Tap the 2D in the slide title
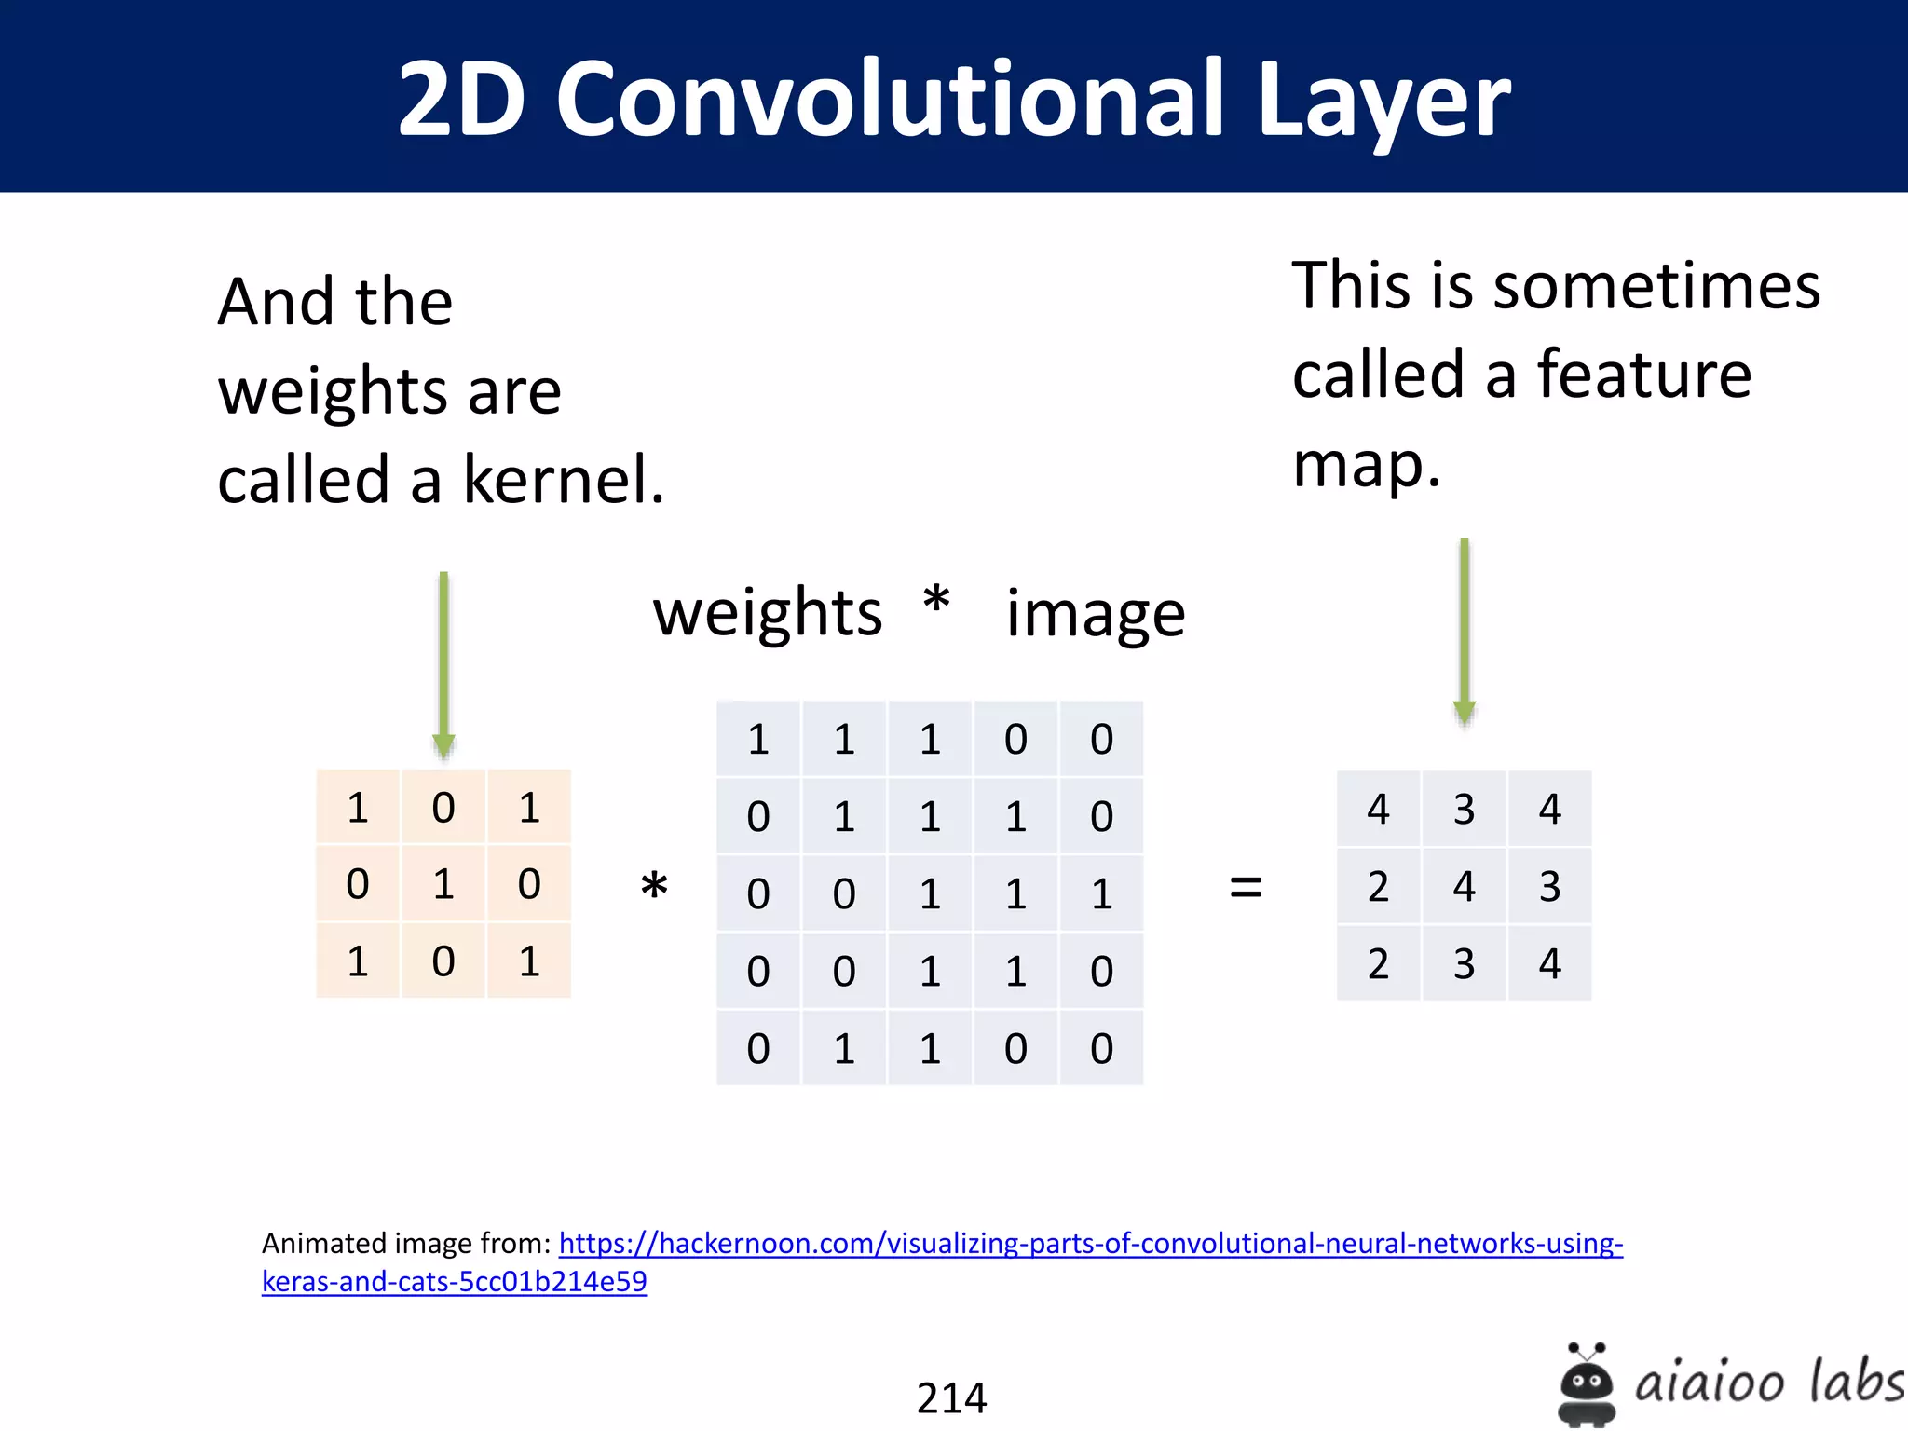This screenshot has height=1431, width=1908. point(462,99)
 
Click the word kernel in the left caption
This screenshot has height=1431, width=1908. point(563,481)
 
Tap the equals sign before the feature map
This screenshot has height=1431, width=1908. point(1246,887)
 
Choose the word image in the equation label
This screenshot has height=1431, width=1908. point(1096,615)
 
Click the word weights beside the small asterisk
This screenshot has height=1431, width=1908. point(767,615)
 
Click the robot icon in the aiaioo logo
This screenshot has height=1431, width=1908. point(1586,1384)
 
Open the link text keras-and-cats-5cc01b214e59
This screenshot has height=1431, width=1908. point(454,1282)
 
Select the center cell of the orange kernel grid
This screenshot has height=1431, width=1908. point(443,884)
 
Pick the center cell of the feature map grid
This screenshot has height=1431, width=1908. point(1464,886)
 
